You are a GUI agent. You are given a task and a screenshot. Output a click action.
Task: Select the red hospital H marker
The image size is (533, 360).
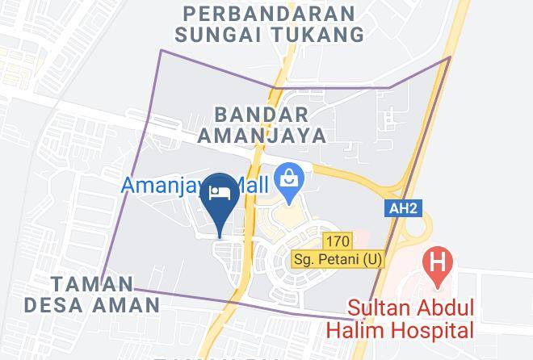[x=439, y=265]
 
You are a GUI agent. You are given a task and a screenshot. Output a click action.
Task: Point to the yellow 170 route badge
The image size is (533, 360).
[x=338, y=241]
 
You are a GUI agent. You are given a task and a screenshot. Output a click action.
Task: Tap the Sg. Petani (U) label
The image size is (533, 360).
[x=338, y=260]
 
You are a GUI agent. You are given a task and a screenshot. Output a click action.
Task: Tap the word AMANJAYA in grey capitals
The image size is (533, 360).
[x=269, y=135]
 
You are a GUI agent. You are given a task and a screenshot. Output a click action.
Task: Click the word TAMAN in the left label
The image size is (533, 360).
[x=92, y=284]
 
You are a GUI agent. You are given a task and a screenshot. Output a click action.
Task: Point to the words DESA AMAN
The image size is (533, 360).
[x=92, y=305]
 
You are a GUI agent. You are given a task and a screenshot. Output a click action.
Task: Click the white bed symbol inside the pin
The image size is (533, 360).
[x=220, y=192]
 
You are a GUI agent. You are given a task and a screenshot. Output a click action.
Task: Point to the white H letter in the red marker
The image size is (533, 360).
[x=439, y=262]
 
